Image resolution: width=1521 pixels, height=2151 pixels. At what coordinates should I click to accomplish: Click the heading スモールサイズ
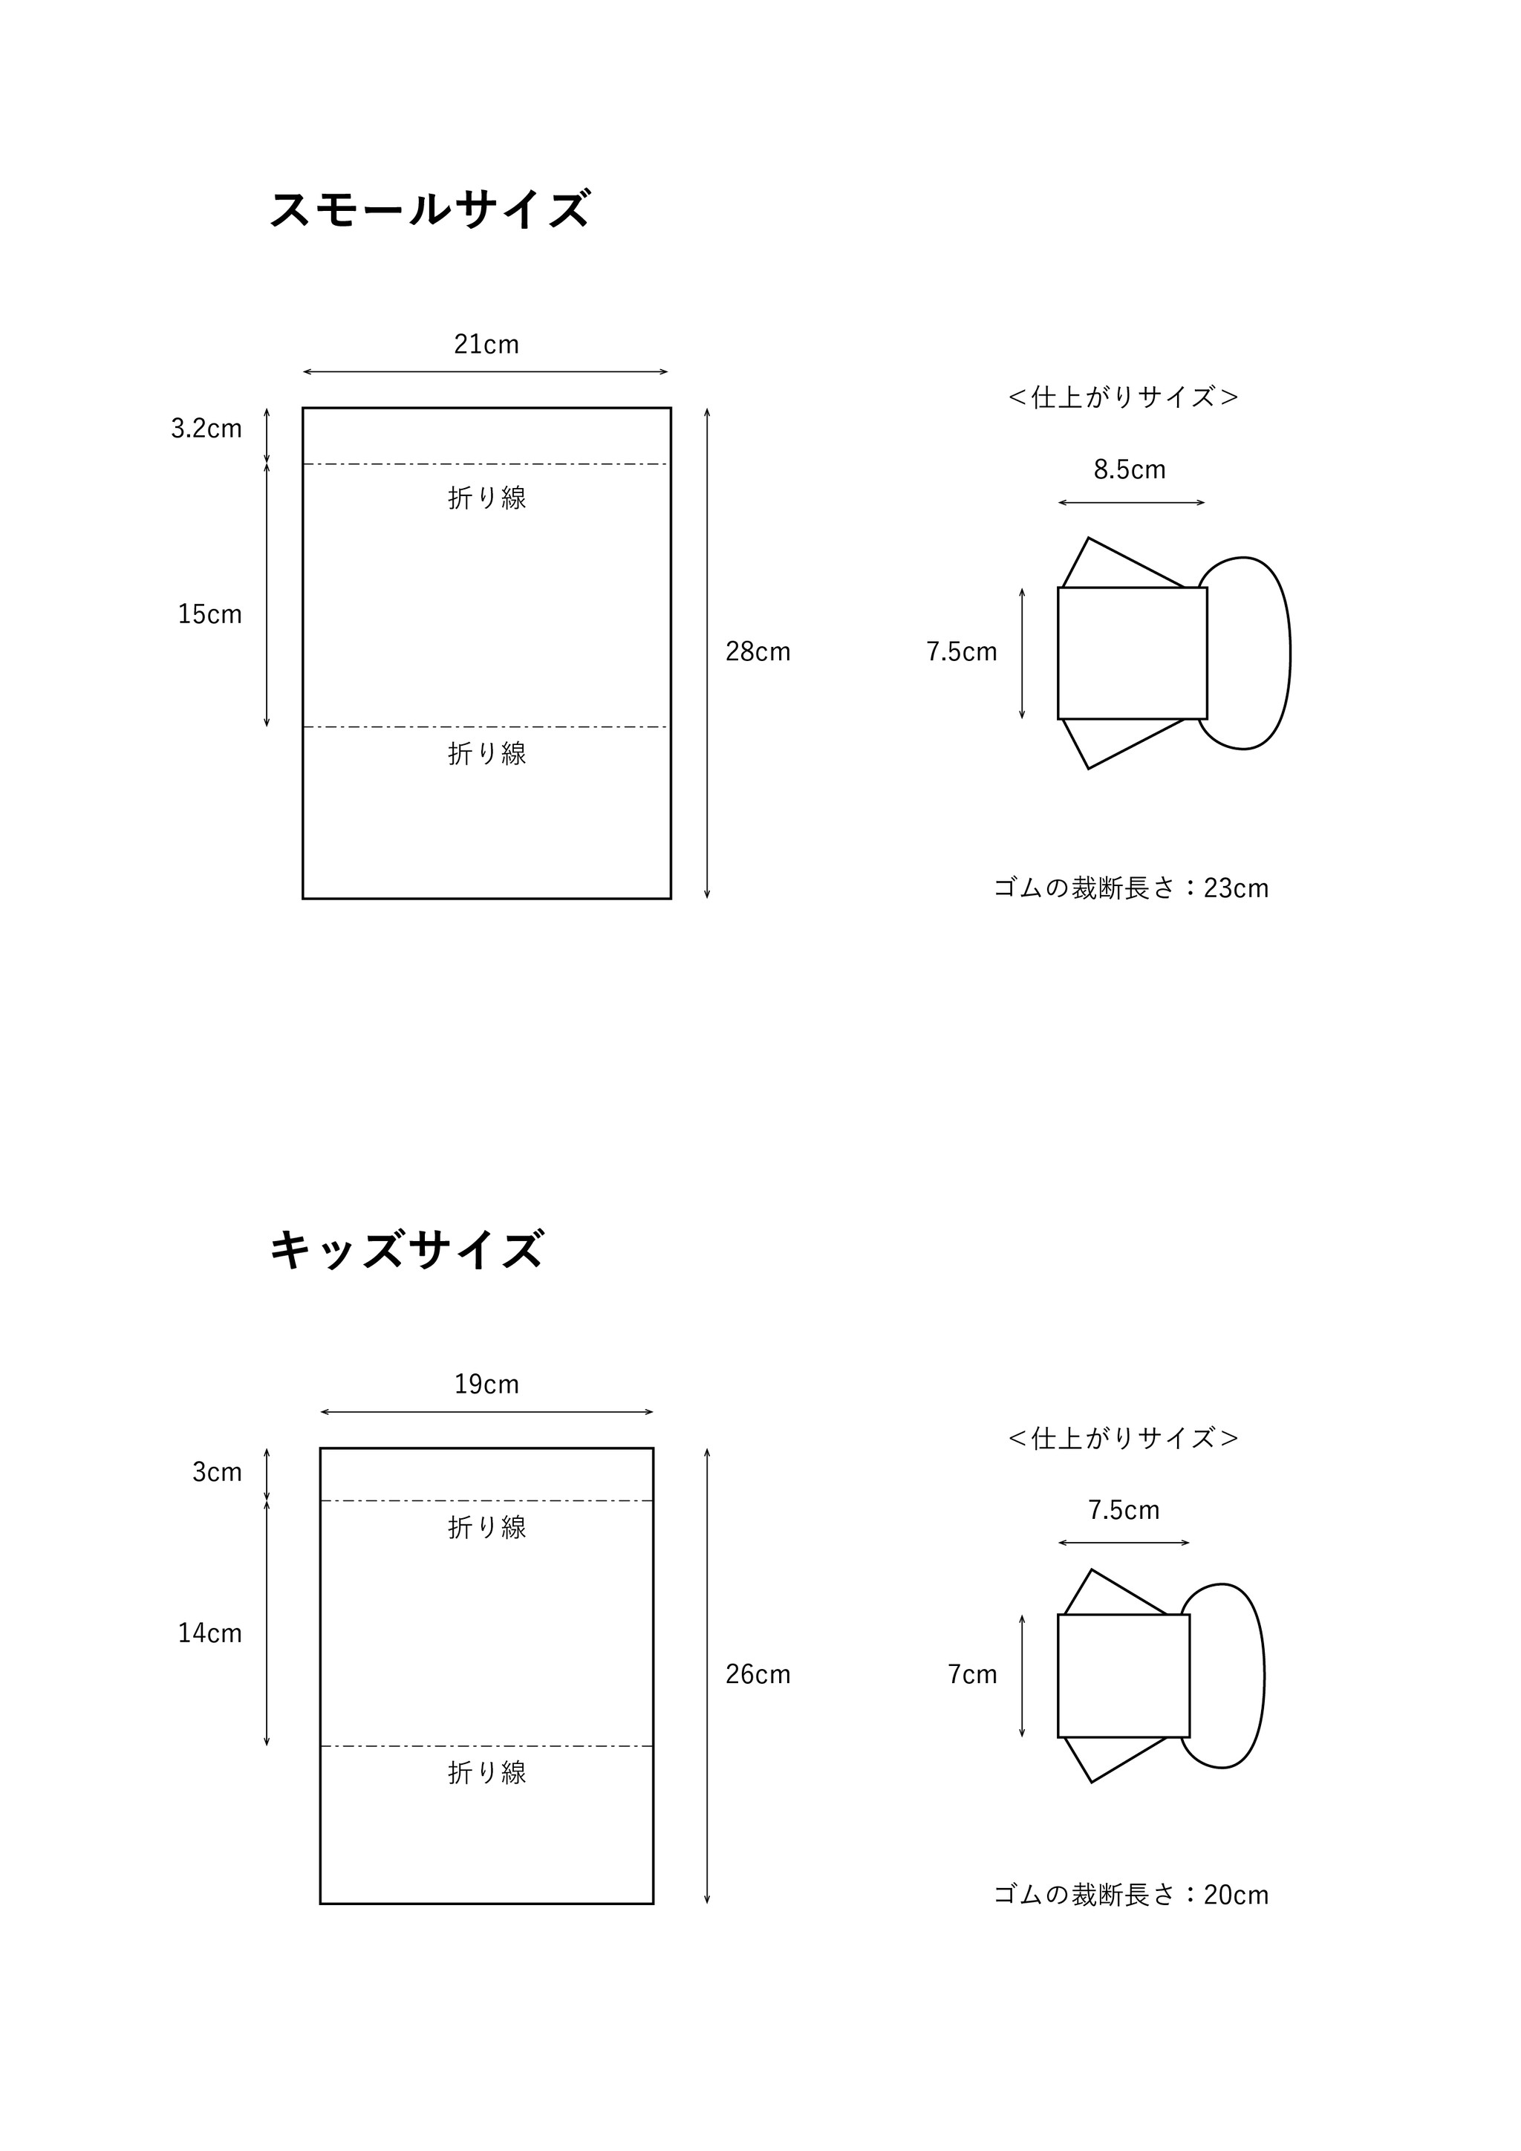pos(430,209)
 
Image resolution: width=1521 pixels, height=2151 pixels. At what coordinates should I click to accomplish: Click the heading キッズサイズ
pos(406,1250)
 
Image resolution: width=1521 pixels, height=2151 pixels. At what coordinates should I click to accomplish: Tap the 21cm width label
pos(486,344)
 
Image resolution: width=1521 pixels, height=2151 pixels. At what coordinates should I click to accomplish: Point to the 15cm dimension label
pos(209,614)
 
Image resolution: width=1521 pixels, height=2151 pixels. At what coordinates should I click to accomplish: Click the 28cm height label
pos(758,651)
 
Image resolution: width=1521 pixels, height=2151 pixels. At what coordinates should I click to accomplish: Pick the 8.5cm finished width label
pos(1130,469)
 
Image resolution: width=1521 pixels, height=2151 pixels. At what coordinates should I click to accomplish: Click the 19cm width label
pos(486,1384)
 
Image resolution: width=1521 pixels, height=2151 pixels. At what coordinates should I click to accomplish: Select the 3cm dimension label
pos(218,1472)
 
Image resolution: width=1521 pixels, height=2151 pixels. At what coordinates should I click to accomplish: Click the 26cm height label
pos(758,1674)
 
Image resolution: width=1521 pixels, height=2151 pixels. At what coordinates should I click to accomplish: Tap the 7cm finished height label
pos(972,1674)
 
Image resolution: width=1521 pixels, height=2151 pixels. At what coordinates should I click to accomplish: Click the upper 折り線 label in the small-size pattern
pos(487,498)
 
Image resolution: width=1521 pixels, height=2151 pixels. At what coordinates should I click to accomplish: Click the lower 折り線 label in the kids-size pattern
pos(487,1772)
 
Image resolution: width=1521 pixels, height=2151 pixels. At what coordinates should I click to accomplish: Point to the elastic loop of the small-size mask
pos(1290,653)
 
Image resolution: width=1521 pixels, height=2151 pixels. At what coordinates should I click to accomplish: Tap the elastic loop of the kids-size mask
pos(1263,1676)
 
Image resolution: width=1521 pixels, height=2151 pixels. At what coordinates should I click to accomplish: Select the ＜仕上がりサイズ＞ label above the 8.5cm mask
pos(1124,397)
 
